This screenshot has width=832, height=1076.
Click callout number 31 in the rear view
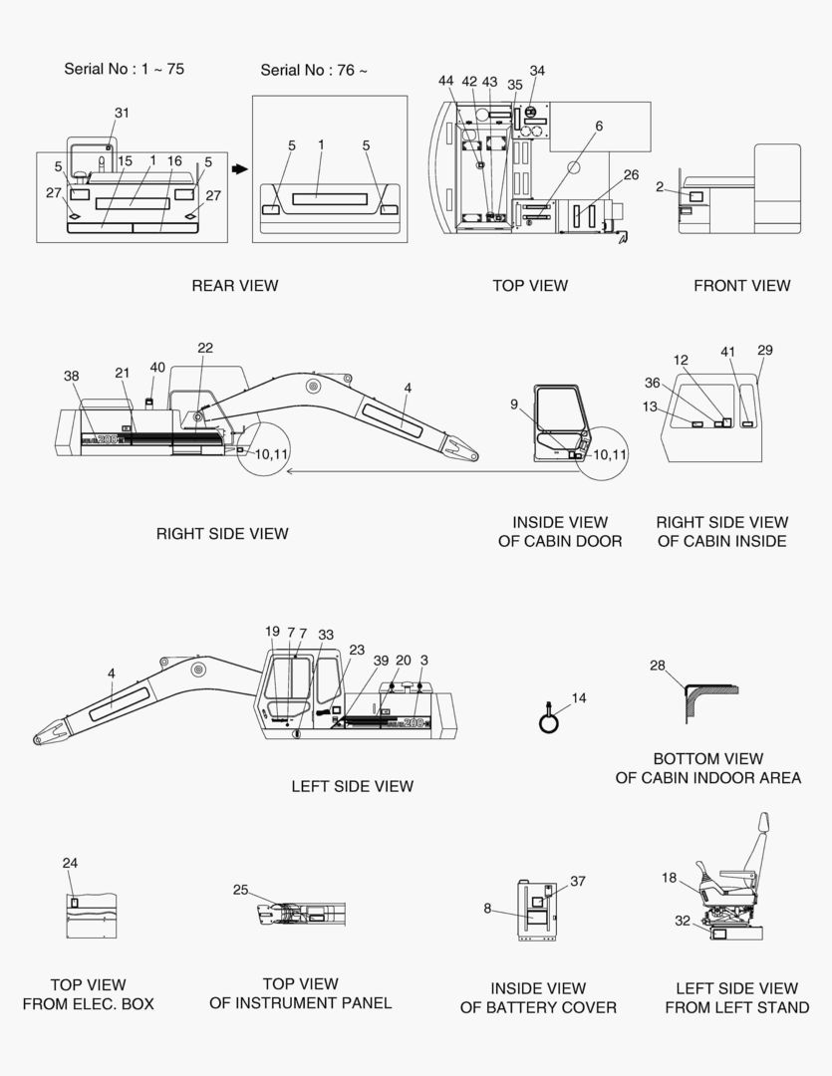[122, 114]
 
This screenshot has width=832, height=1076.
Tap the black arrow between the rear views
[239, 168]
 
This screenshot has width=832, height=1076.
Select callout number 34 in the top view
[537, 71]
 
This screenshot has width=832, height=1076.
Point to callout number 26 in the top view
[631, 174]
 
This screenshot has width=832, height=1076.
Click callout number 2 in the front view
[660, 186]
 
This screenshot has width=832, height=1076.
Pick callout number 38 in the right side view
[71, 376]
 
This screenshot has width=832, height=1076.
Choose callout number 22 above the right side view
[205, 348]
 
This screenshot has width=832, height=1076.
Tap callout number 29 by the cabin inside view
[765, 350]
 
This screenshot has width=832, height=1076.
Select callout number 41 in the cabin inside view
[728, 352]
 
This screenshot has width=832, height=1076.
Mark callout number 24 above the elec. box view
[70, 863]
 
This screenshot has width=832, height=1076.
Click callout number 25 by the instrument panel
[240, 890]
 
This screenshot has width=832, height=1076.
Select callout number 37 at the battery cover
[578, 881]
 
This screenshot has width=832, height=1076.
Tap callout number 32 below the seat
[682, 921]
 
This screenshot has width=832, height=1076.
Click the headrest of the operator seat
[765, 826]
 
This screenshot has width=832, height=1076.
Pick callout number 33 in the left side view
[326, 635]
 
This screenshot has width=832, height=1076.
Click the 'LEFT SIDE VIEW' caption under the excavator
[352, 786]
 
